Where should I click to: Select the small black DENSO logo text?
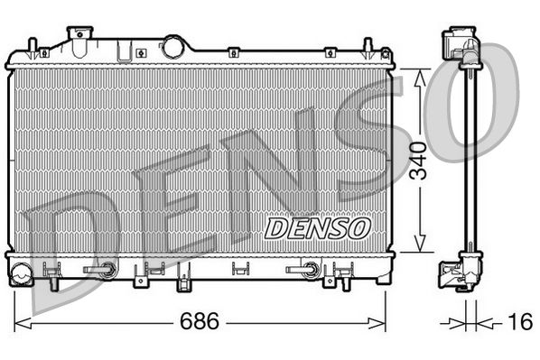click(316, 227)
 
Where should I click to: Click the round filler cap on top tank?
click(172, 45)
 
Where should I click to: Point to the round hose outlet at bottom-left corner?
click(20, 268)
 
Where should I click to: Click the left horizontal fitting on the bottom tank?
click(100, 269)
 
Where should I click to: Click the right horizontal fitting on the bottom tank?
click(303, 269)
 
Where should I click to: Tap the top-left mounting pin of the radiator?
click(32, 47)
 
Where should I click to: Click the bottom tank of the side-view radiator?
click(460, 270)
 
